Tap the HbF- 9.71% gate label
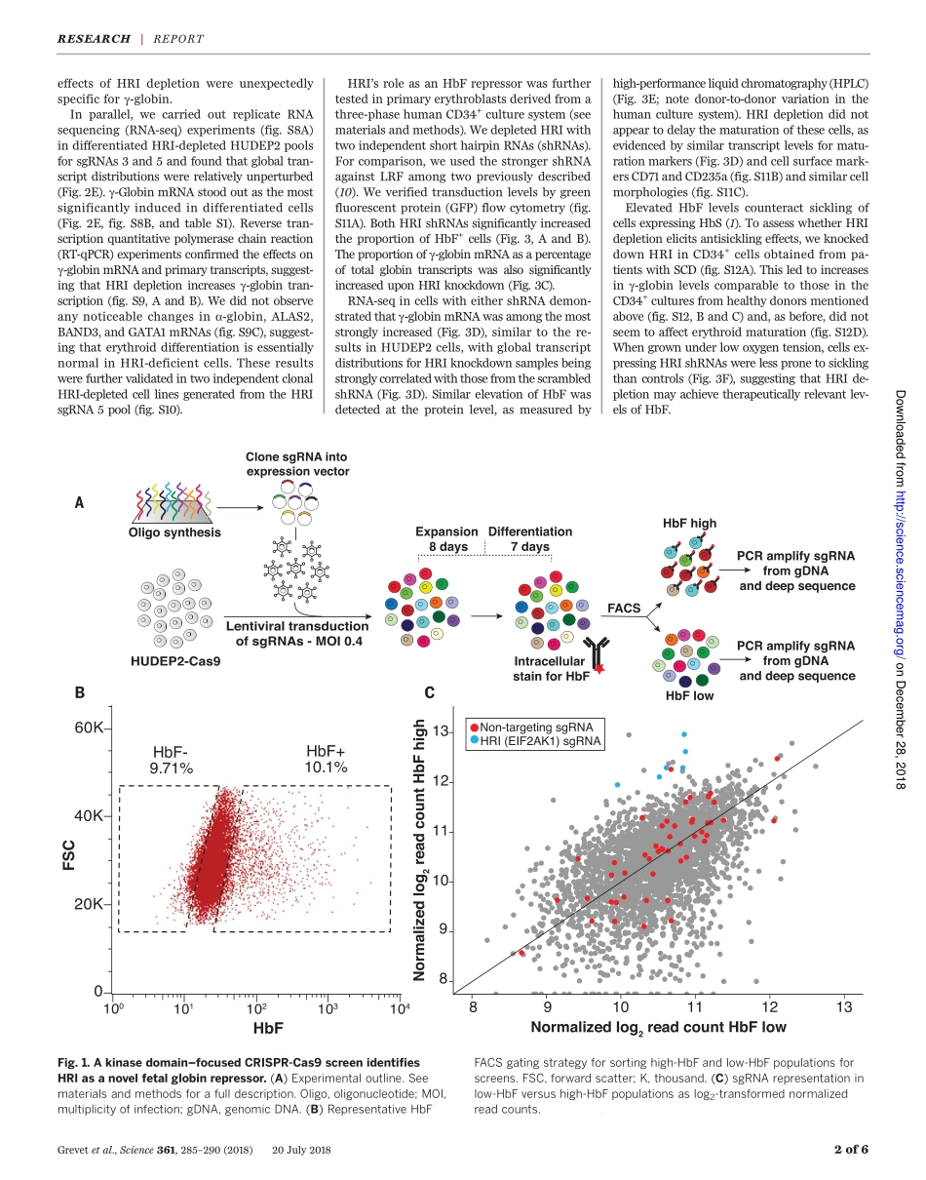pyautogui.click(x=173, y=760)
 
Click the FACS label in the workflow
pyautogui.click(x=624, y=608)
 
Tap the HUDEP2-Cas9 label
pyautogui.click(x=175, y=661)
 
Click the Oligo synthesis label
pyautogui.click(x=174, y=532)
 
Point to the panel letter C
pyautogui.click(x=429, y=693)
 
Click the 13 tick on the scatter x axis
pyautogui.click(x=842, y=1006)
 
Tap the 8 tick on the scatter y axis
pyautogui.click(x=444, y=980)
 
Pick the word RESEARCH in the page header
pyautogui.click(x=94, y=39)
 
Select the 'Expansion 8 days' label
pyautogui.click(x=447, y=539)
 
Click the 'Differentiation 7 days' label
pyautogui.click(x=530, y=539)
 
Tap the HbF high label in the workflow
pyautogui.click(x=689, y=523)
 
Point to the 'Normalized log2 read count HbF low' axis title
pyautogui.click(x=658, y=1027)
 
